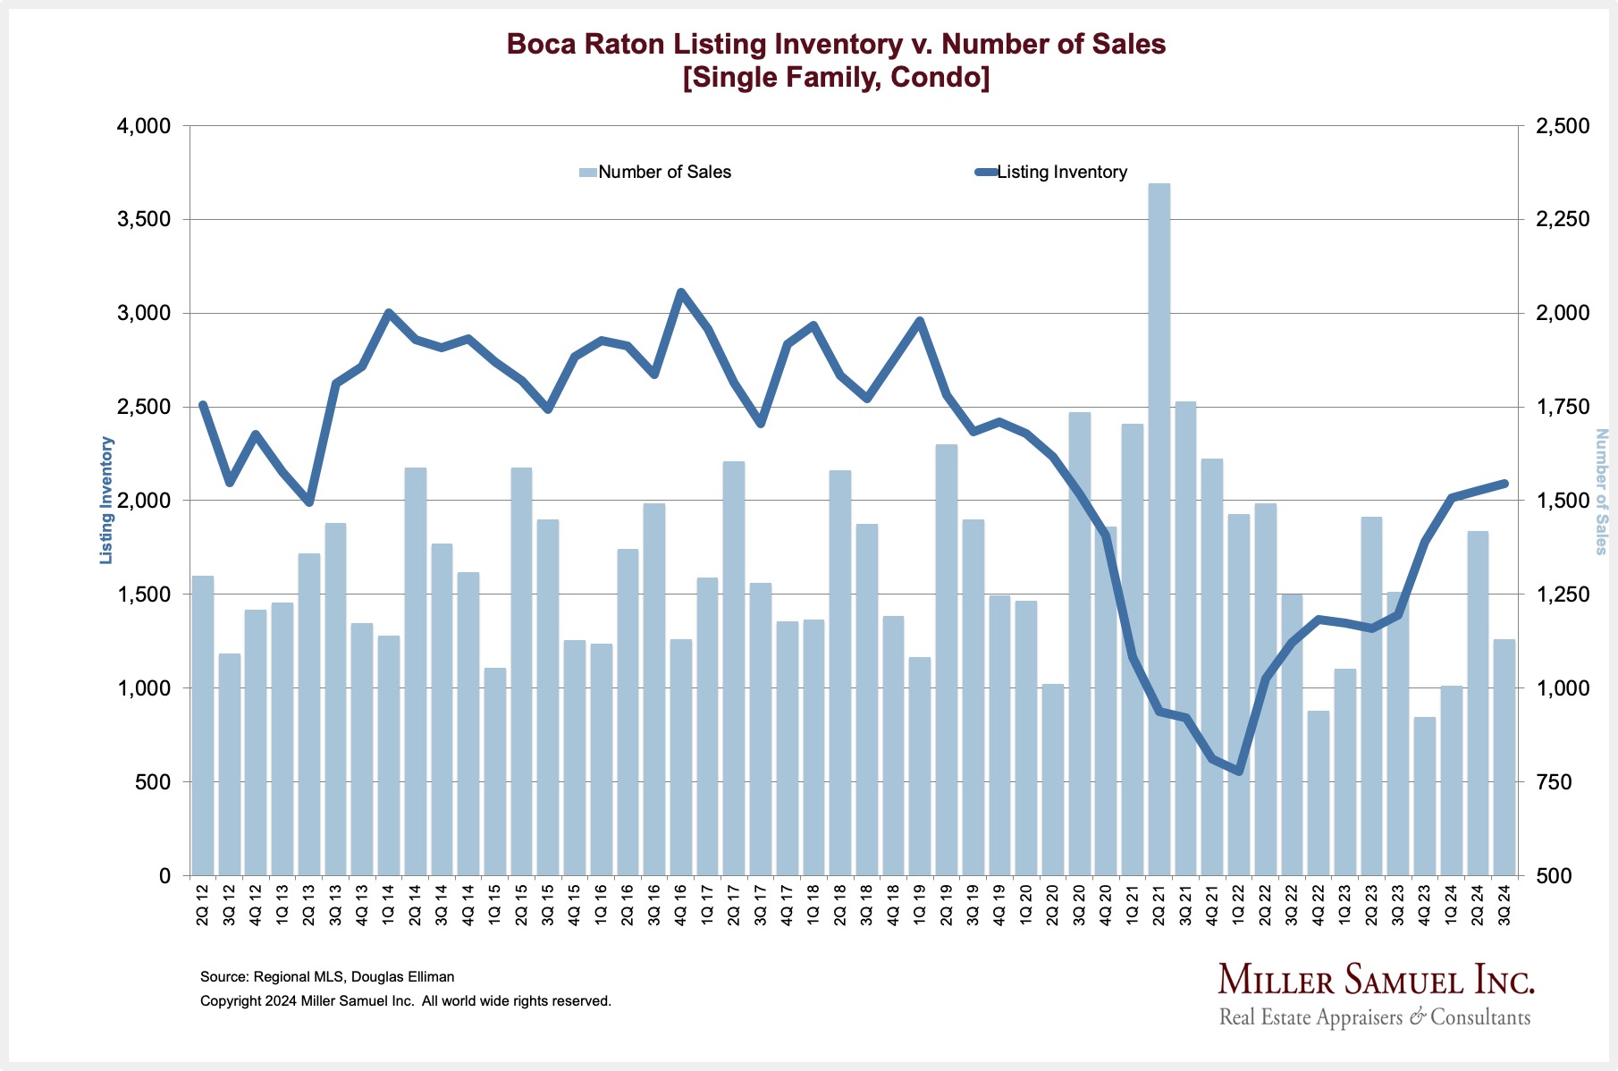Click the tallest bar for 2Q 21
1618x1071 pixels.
coord(1159,527)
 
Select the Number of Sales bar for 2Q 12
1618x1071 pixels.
coord(203,724)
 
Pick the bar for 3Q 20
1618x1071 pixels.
coord(1080,644)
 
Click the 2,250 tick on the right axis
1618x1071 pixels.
coord(1562,220)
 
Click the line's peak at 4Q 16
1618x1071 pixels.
coord(680,292)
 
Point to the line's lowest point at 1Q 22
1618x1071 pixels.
coord(1239,771)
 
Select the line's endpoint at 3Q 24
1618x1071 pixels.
coord(1504,484)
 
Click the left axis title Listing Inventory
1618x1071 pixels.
coord(106,500)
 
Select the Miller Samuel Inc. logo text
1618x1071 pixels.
coord(1376,980)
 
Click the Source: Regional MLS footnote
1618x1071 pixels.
coord(327,977)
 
